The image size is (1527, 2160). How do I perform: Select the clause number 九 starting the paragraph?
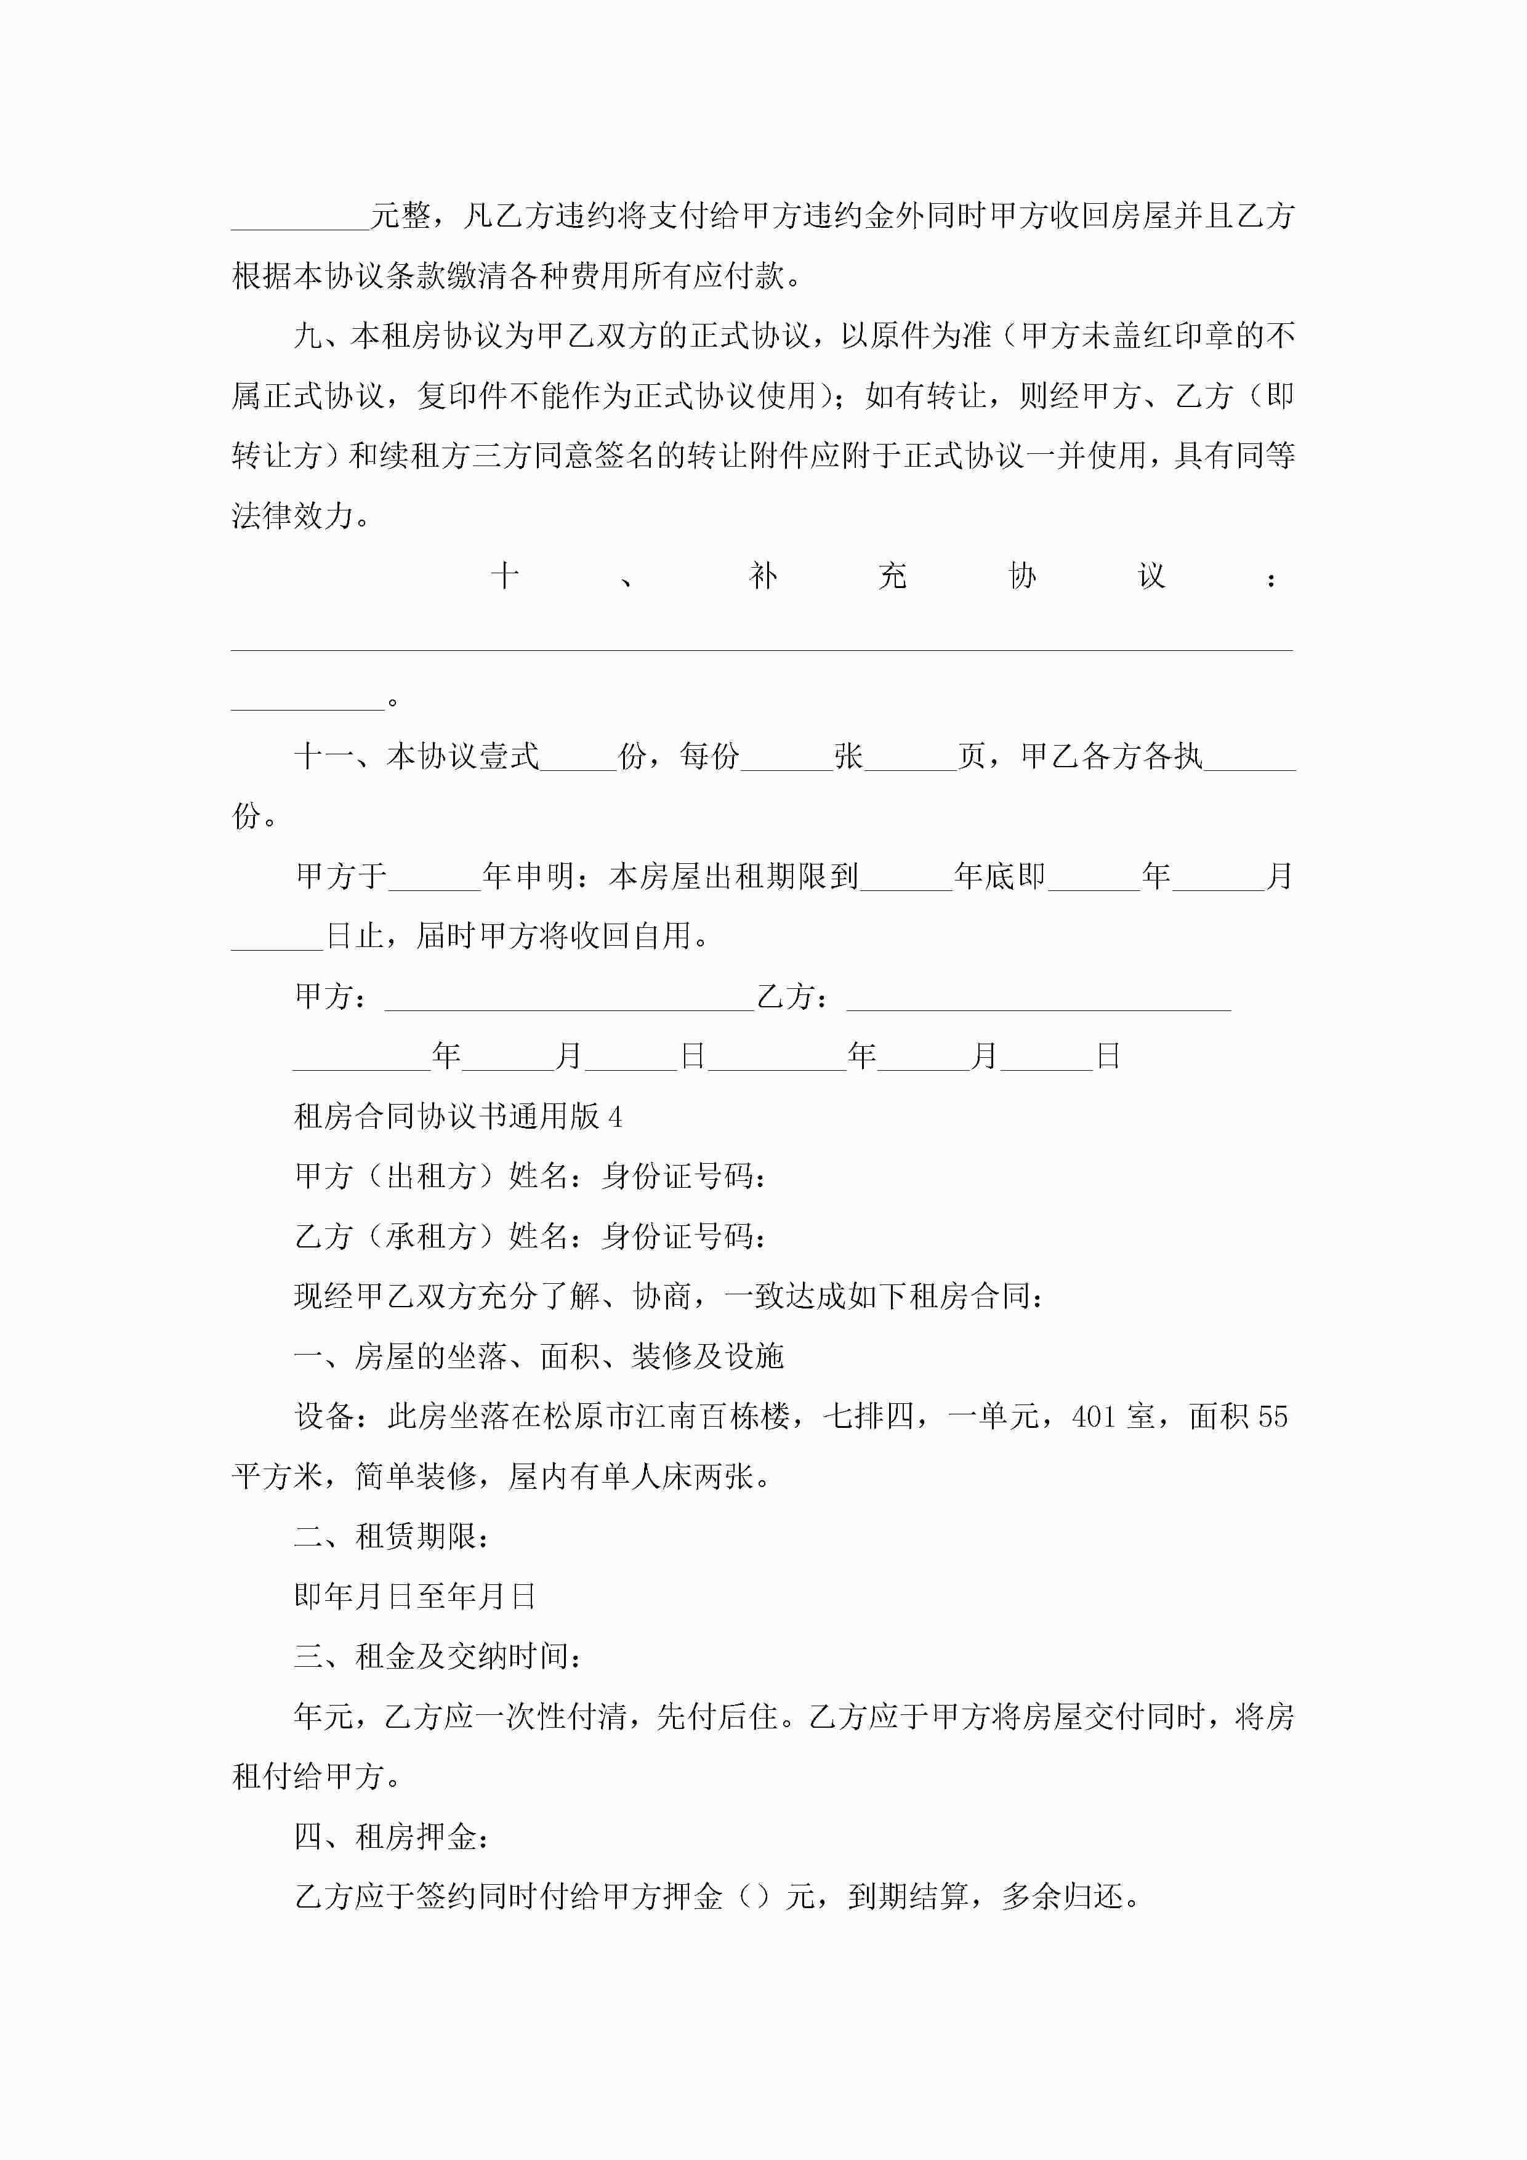pos(308,336)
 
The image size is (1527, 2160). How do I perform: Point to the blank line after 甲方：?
pos(568,997)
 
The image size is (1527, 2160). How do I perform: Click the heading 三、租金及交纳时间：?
pos(438,1656)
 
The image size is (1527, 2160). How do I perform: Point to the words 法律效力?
pos(292,515)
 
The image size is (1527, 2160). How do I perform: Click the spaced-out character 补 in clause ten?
pos(763,576)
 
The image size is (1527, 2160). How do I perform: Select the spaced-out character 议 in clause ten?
pos(1151,576)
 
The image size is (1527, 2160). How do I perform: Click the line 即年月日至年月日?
pos(415,1595)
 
